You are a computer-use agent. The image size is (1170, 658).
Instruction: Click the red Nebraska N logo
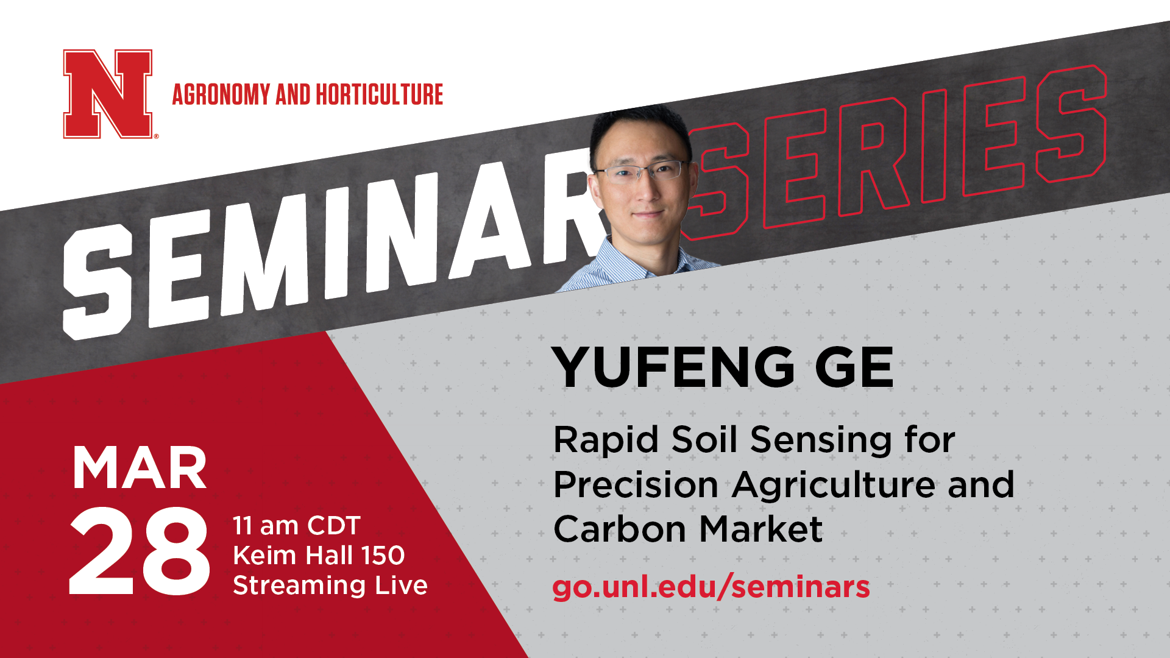click(x=108, y=94)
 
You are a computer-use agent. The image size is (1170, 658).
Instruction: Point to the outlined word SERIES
click(x=896, y=152)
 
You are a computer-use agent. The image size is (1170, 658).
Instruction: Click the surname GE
click(x=854, y=367)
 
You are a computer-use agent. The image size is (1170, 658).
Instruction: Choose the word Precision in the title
click(x=636, y=485)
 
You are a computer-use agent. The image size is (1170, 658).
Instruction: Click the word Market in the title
click(x=761, y=529)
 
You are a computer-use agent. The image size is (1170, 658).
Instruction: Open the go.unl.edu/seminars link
click(x=711, y=587)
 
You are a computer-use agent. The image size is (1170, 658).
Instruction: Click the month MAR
click(x=140, y=468)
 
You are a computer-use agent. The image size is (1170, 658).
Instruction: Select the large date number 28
click(x=140, y=551)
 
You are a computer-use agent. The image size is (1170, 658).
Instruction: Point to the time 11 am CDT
click(x=297, y=526)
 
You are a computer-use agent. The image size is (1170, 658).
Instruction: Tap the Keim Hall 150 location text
click(x=319, y=556)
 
